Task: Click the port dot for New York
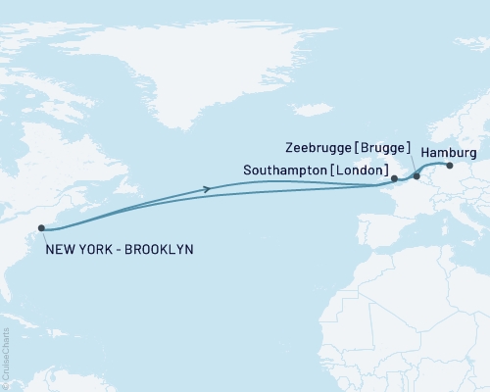pyautogui.click(x=41, y=229)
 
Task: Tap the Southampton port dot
pyautogui.click(x=394, y=179)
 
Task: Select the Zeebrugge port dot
pyautogui.click(x=416, y=176)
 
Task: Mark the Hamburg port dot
pyautogui.click(x=450, y=166)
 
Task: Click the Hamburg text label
pyautogui.click(x=449, y=154)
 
